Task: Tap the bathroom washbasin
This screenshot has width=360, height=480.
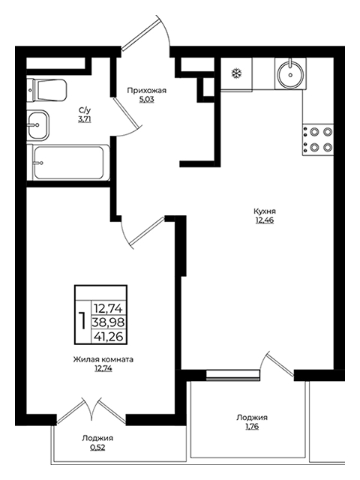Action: tap(37, 125)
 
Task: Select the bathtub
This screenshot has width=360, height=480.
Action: tap(68, 162)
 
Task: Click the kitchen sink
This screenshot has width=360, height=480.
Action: tap(290, 73)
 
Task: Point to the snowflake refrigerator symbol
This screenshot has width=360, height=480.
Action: tap(236, 73)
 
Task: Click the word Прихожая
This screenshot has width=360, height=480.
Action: tap(147, 91)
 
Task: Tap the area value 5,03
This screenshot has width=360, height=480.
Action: tap(147, 100)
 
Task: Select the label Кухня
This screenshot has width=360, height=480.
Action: tap(265, 211)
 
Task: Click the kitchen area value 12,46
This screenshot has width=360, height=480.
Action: tap(265, 220)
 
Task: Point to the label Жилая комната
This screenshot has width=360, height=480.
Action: tap(103, 359)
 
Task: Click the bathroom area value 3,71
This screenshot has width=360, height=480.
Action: tap(85, 119)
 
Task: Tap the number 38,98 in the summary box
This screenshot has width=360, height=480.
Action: tap(109, 322)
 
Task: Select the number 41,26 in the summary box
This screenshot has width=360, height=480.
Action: tap(109, 337)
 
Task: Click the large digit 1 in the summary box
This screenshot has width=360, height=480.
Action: tap(82, 320)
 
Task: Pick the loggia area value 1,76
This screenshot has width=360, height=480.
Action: tap(252, 427)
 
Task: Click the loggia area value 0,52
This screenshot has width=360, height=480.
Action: tap(97, 447)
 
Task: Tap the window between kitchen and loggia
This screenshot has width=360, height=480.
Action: tap(232, 375)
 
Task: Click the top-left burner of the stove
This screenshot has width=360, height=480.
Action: tap(314, 132)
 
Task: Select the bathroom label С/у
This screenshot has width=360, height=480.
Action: tap(85, 110)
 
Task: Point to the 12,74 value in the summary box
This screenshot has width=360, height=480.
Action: tap(109, 308)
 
